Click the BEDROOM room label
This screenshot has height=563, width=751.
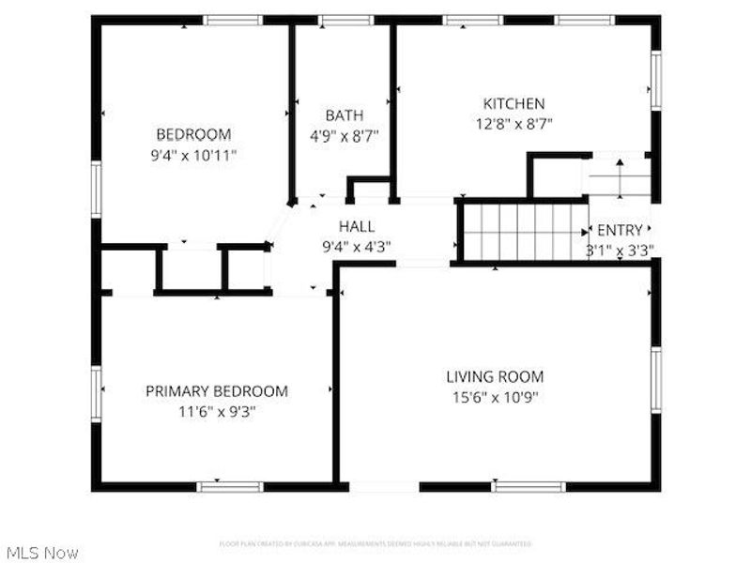[x=192, y=134]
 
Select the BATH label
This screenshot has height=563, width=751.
[x=345, y=115]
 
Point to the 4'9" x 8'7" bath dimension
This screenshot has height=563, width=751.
[x=345, y=134]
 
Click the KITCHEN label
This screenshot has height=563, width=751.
[x=513, y=103]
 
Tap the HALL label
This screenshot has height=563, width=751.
[x=357, y=226]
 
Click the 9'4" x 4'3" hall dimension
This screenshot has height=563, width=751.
[x=357, y=247]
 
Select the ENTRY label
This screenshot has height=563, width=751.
[x=621, y=230]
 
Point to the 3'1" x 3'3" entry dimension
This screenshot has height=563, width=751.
[x=620, y=250]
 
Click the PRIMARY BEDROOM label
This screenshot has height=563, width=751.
[x=216, y=391]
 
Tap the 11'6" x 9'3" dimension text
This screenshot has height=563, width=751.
[x=216, y=410]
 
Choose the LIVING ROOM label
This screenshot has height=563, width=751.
[x=494, y=377]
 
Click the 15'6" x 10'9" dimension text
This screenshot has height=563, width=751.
[x=494, y=396]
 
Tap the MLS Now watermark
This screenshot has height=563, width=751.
[x=41, y=553]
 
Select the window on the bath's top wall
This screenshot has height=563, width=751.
[x=345, y=20]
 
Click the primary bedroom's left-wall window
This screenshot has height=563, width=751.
[x=96, y=391]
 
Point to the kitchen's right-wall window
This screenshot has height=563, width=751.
[x=656, y=80]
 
